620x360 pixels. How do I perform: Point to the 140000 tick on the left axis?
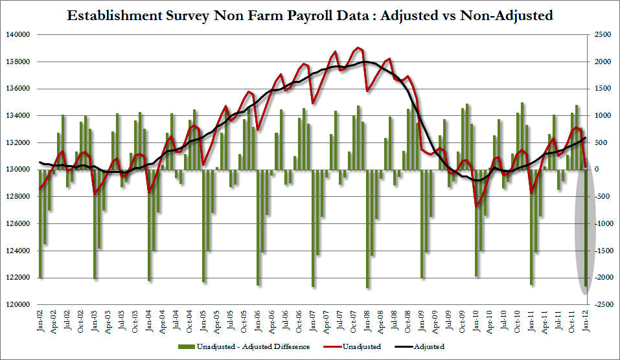coord(18,35)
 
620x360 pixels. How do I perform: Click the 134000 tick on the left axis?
coord(18,116)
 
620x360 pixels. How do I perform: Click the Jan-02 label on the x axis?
coord(40,320)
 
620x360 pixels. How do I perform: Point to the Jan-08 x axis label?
coord(367,320)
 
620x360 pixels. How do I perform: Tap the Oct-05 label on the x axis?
coord(244,320)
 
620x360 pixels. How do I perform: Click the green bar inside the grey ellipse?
coord(586,246)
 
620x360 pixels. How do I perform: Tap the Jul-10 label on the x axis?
coord(503,320)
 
